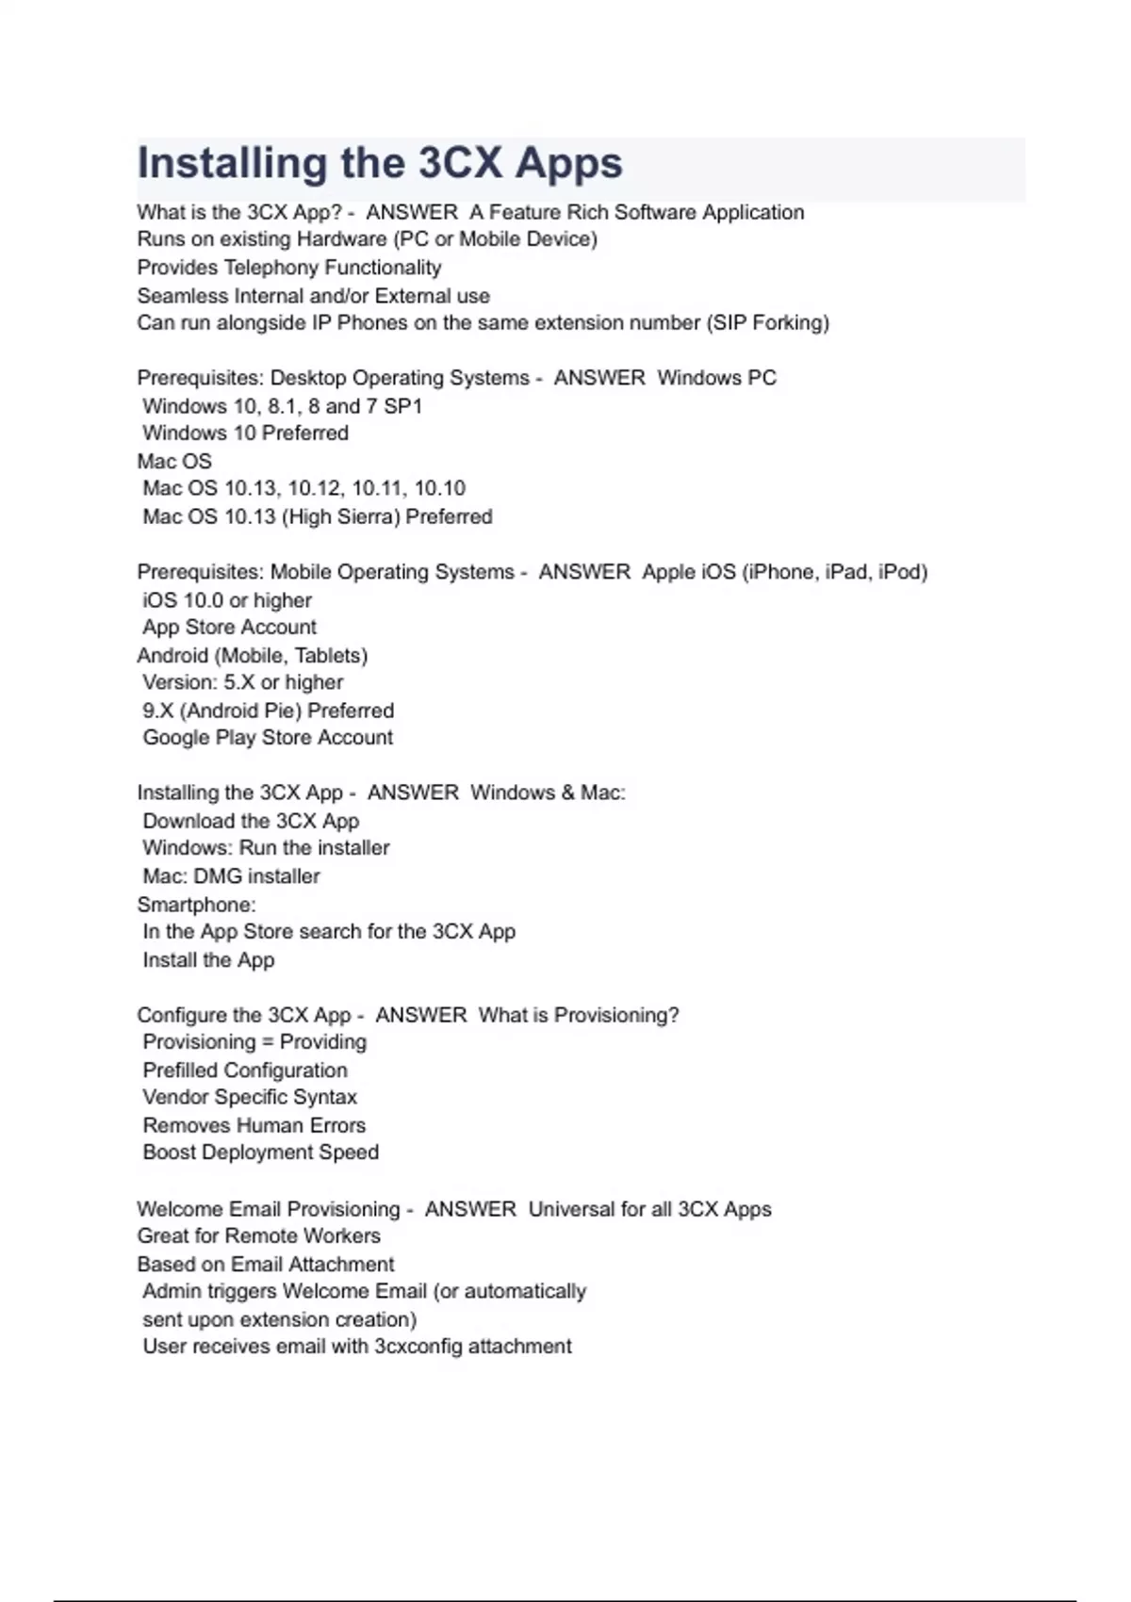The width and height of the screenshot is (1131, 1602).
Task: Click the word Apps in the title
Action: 568,164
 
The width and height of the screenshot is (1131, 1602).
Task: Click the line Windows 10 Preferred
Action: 245,433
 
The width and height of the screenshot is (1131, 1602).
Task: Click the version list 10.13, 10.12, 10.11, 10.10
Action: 345,488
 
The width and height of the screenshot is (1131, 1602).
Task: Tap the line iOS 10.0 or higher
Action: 226,600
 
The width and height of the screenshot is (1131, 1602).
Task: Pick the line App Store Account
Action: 229,628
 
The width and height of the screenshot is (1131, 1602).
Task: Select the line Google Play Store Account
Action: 268,738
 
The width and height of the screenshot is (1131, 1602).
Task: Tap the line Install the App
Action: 208,960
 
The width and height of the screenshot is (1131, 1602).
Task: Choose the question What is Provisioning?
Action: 579,1016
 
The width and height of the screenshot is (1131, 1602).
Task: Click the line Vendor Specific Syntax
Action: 250,1098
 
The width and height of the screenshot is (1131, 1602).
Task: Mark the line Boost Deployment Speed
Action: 260,1152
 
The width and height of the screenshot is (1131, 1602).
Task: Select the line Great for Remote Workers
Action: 258,1236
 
